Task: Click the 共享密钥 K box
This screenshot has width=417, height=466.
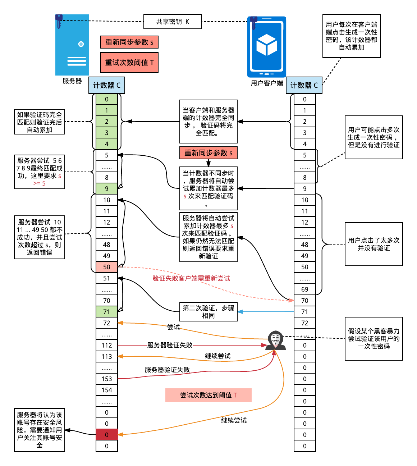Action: point(172,22)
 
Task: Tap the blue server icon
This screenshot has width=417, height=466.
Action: point(72,45)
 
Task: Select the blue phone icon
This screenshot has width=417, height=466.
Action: point(267,47)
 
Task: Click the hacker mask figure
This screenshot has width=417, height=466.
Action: point(276,340)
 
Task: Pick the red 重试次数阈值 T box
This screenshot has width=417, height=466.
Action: point(129,63)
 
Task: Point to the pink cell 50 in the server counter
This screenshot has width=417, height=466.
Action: point(107,267)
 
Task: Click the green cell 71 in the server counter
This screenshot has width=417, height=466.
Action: point(107,312)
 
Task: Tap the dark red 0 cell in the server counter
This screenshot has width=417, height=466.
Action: point(107,435)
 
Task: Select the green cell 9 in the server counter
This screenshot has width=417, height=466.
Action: point(107,189)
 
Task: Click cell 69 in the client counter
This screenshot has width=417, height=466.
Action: point(305,289)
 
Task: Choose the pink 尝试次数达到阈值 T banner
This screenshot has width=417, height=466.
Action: point(208,395)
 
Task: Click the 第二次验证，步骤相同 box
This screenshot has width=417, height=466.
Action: point(208,312)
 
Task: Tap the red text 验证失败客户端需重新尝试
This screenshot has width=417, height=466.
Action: point(191,278)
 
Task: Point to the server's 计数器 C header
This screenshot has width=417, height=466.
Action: point(107,85)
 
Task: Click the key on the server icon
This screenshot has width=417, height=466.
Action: point(59,21)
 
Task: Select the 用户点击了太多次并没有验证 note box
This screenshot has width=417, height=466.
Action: point(374,244)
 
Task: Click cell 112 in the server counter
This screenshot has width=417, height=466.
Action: point(107,345)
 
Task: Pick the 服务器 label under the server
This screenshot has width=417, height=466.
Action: point(72,81)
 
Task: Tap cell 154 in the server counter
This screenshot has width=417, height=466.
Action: point(107,390)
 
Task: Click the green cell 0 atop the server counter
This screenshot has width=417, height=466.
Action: point(107,99)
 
